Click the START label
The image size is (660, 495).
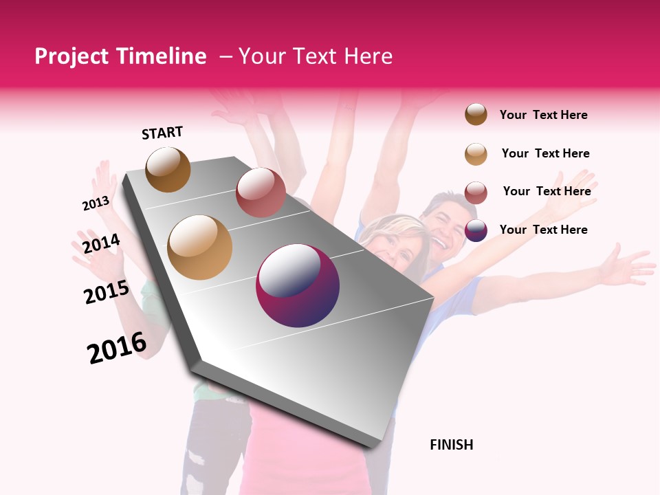click(162, 133)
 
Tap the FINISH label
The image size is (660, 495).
click(451, 445)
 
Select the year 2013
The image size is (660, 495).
click(96, 203)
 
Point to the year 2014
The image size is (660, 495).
click(101, 243)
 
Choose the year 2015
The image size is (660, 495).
click(107, 292)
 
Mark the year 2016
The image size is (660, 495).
click(117, 348)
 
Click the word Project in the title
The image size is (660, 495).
click(71, 56)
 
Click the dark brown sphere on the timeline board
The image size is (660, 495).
click(168, 169)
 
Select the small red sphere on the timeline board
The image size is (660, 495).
click(261, 192)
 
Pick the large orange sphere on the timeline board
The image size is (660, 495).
click(200, 247)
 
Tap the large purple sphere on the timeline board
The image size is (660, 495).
click(298, 286)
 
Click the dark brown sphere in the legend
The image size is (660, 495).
click(476, 114)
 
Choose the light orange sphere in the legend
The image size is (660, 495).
click(476, 154)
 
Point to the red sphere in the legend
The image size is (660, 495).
click(476, 192)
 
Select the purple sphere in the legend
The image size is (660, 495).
click(476, 230)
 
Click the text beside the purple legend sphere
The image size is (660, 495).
click(543, 230)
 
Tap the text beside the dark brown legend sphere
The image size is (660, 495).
click(543, 115)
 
